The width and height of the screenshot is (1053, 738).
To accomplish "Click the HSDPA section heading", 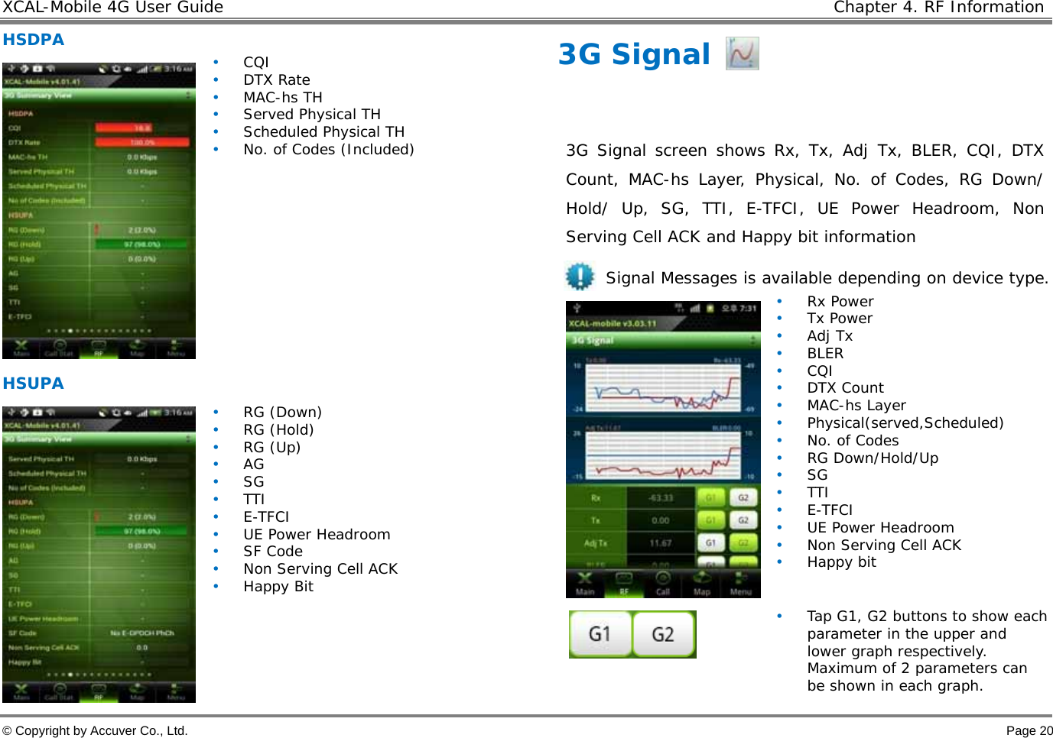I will (x=33, y=40).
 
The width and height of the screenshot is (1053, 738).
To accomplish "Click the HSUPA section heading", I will (x=33, y=384).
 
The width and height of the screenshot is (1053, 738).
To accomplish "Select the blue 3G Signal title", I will (x=634, y=54).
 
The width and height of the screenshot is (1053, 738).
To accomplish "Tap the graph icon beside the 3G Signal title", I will (x=742, y=53).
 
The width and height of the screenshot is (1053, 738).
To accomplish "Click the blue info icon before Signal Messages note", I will (x=580, y=277).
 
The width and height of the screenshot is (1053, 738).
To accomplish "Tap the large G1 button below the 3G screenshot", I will (x=600, y=634).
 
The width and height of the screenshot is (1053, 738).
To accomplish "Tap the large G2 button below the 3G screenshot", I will (x=663, y=634).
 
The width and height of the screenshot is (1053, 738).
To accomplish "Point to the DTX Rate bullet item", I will (x=276, y=80).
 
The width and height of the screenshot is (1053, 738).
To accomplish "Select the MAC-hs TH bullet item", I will (x=282, y=98).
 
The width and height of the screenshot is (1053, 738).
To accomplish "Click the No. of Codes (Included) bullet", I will (x=328, y=150).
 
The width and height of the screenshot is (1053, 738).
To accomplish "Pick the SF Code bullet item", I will (x=272, y=552).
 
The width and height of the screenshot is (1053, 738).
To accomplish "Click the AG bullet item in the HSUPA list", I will (x=253, y=464).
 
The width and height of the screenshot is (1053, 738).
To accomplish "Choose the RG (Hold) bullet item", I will (x=278, y=430).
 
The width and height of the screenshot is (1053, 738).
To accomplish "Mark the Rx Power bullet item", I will (x=840, y=302).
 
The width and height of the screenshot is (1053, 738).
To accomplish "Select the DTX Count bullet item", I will (x=845, y=388).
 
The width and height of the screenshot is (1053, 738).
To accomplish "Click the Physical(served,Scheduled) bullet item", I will (x=905, y=423).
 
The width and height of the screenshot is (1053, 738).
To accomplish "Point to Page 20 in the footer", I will (x=1029, y=730).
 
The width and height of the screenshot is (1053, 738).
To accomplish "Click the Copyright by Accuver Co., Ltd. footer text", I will (x=95, y=730).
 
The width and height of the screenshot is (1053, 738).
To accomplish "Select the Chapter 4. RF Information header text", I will (x=938, y=8).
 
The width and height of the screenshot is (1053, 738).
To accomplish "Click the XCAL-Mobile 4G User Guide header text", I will (x=112, y=8).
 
